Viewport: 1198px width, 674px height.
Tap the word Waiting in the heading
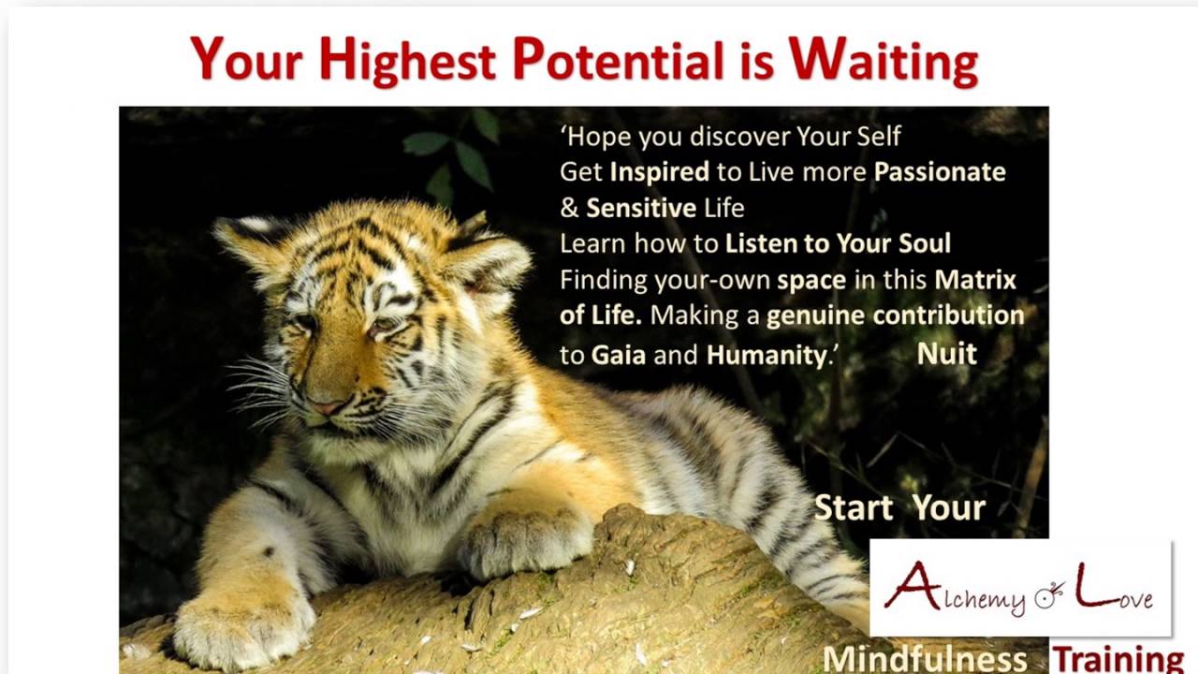884,62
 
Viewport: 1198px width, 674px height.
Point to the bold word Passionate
940,171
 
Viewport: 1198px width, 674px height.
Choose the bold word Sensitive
641,208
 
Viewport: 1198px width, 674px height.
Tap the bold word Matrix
975,279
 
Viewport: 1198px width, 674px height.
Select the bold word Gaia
619,355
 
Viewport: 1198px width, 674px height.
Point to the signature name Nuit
946,354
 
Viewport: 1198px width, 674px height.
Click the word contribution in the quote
948,315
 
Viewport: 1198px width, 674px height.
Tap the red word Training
1118,659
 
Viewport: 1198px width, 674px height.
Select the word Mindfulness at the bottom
925,659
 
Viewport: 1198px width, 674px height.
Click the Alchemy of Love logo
1020,587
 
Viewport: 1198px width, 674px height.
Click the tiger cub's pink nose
328,406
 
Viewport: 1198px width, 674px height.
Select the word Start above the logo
854,507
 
